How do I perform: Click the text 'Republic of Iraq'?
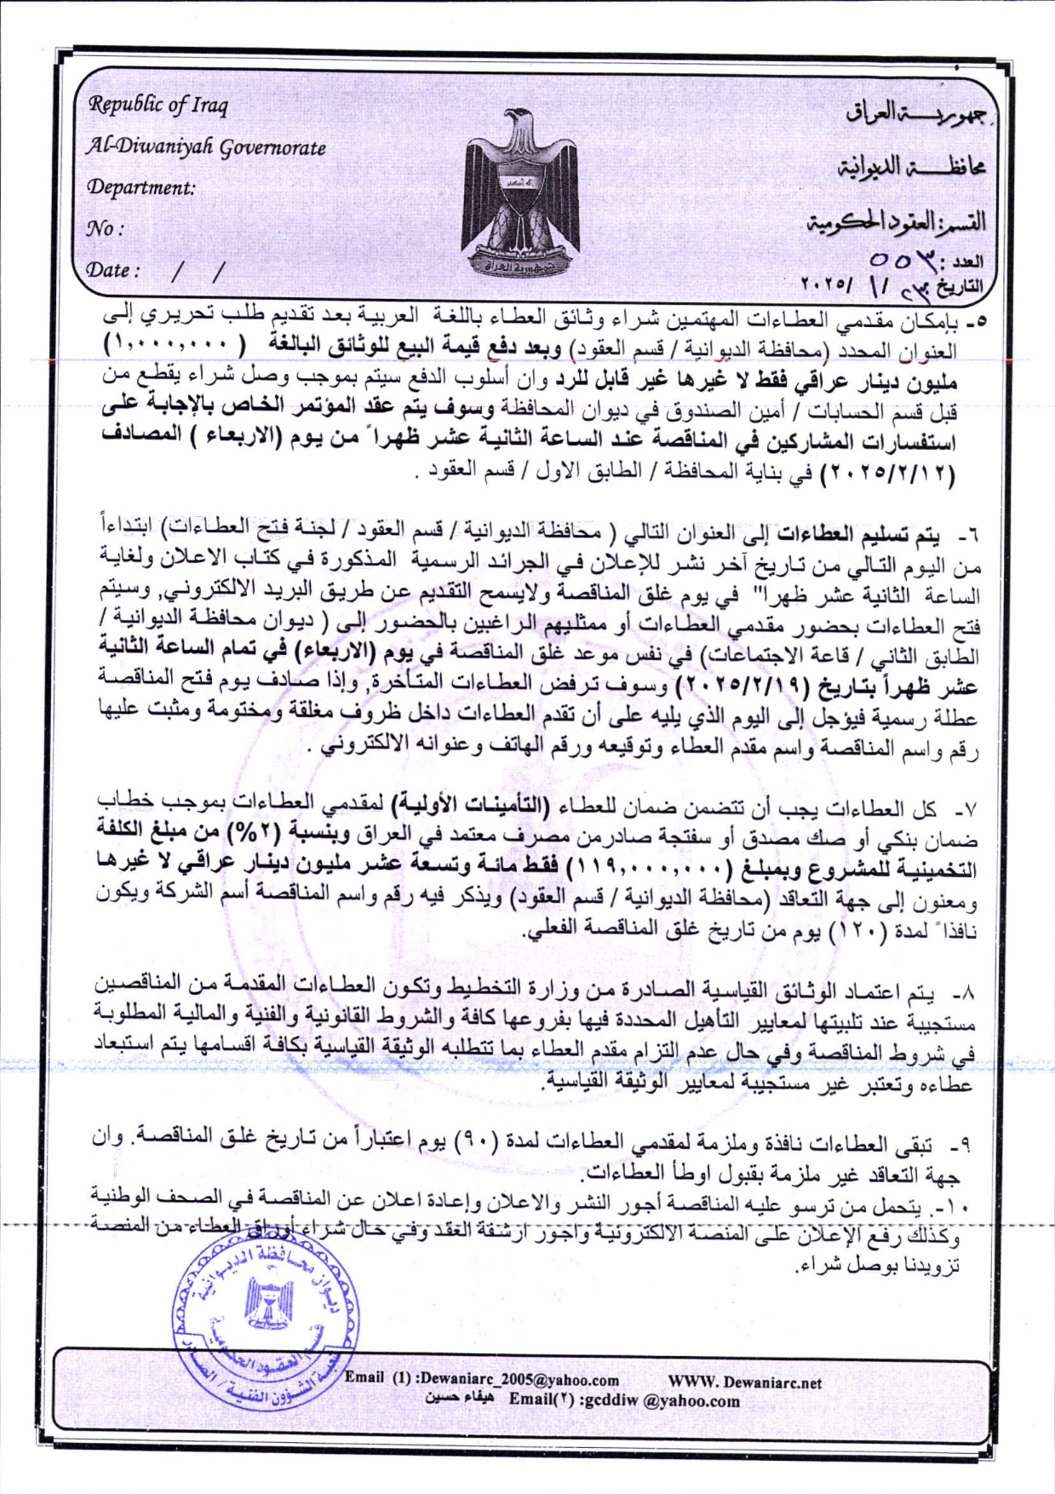click(x=159, y=105)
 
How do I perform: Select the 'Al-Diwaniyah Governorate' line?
click(x=207, y=147)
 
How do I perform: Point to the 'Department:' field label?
click(x=141, y=187)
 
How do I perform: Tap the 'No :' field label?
click(x=105, y=228)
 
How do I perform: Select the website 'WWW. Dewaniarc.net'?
click(x=745, y=1382)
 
